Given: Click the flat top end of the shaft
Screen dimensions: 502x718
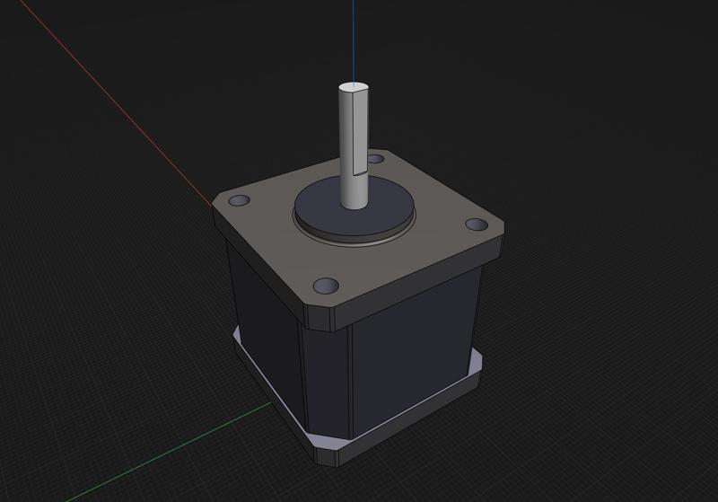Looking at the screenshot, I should (x=354, y=88).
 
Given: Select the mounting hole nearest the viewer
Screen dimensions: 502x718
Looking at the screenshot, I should (x=325, y=286).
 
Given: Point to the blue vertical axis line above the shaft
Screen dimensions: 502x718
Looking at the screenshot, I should (x=353, y=36).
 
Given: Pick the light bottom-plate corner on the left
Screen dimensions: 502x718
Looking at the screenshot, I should (x=236, y=339).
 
